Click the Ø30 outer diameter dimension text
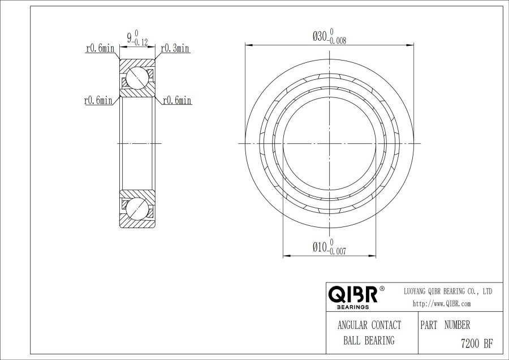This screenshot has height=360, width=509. coord(320,36)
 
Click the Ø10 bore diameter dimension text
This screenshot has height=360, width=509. coord(320,247)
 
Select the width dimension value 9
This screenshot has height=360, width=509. coord(130,38)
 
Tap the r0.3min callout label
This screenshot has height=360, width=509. coord(175,49)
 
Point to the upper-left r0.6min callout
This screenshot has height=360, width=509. coord(100,49)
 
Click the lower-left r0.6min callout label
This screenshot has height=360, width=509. coord(98,100)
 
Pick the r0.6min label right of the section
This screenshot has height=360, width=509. coord(177,100)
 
